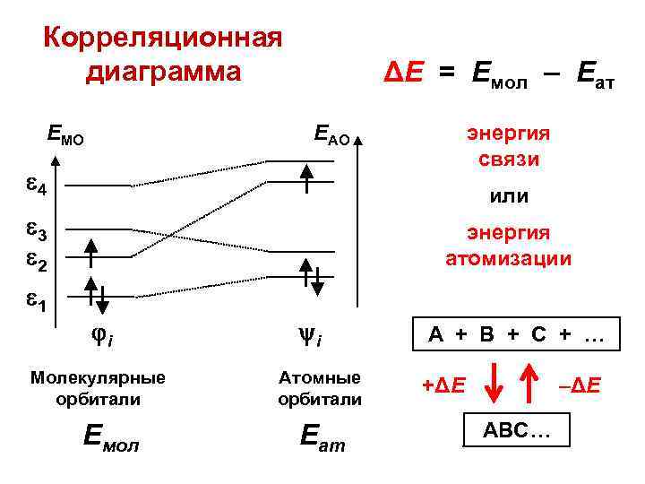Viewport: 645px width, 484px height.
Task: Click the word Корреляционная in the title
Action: click(x=163, y=39)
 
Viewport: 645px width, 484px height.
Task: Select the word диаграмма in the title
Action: click(x=163, y=71)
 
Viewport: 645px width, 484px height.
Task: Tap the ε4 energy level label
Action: click(x=39, y=188)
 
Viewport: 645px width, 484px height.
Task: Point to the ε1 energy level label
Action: click(x=39, y=302)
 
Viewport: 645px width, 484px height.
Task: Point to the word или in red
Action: click(x=508, y=195)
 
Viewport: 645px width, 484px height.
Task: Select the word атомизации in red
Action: click(x=508, y=260)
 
